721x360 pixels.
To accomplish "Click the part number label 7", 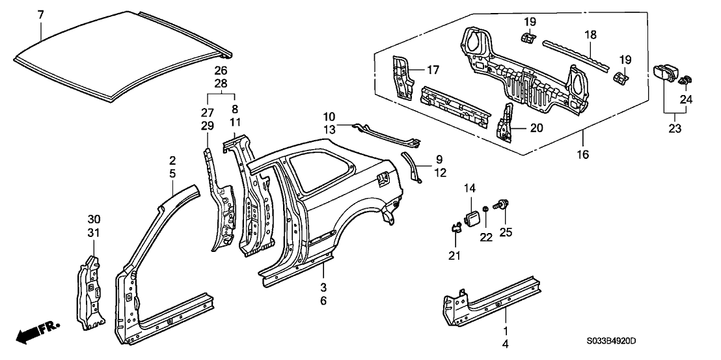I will point(41,14).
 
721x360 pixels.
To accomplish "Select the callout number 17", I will point(433,70).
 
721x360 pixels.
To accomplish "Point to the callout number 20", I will point(536,128).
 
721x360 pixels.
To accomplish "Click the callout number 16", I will point(583,154).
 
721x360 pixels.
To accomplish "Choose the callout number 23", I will point(674,129).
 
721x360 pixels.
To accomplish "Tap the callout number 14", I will point(470,189).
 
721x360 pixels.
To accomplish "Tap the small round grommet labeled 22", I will point(486,210).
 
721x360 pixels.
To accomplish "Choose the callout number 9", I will point(439,158).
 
